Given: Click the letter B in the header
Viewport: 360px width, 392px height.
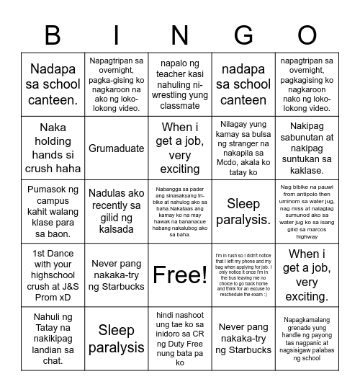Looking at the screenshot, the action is click(53, 36).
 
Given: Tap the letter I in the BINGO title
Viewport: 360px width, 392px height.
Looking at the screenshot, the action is click(116, 36).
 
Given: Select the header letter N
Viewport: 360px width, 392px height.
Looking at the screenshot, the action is click(180, 36).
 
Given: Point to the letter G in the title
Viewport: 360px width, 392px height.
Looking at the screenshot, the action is click(243, 36).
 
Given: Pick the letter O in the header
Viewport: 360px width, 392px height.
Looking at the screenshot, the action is click(307, 36).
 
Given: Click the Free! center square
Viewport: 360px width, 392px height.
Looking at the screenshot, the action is click(180, 275).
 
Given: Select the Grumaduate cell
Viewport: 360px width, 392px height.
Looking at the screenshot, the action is click(116, 148).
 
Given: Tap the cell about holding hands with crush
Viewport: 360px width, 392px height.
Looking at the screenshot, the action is click(53, 148).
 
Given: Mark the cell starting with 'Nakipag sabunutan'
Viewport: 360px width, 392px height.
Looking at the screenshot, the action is click(307, 148).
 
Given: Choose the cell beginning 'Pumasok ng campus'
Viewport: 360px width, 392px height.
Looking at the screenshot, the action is click(53, 211).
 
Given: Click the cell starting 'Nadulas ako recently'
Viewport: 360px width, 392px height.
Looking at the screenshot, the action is click(116, 211).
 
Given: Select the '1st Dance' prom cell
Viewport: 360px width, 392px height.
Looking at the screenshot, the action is click(53, 275).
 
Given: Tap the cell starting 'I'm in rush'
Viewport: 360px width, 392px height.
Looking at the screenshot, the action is click(243, 275).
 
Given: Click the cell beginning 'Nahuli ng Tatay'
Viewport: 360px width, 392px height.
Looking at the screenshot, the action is click(53, 338).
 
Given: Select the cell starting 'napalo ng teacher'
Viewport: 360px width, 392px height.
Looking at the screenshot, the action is click(180, 85).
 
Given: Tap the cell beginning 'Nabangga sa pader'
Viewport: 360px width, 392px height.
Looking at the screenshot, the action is click(180, 211).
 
